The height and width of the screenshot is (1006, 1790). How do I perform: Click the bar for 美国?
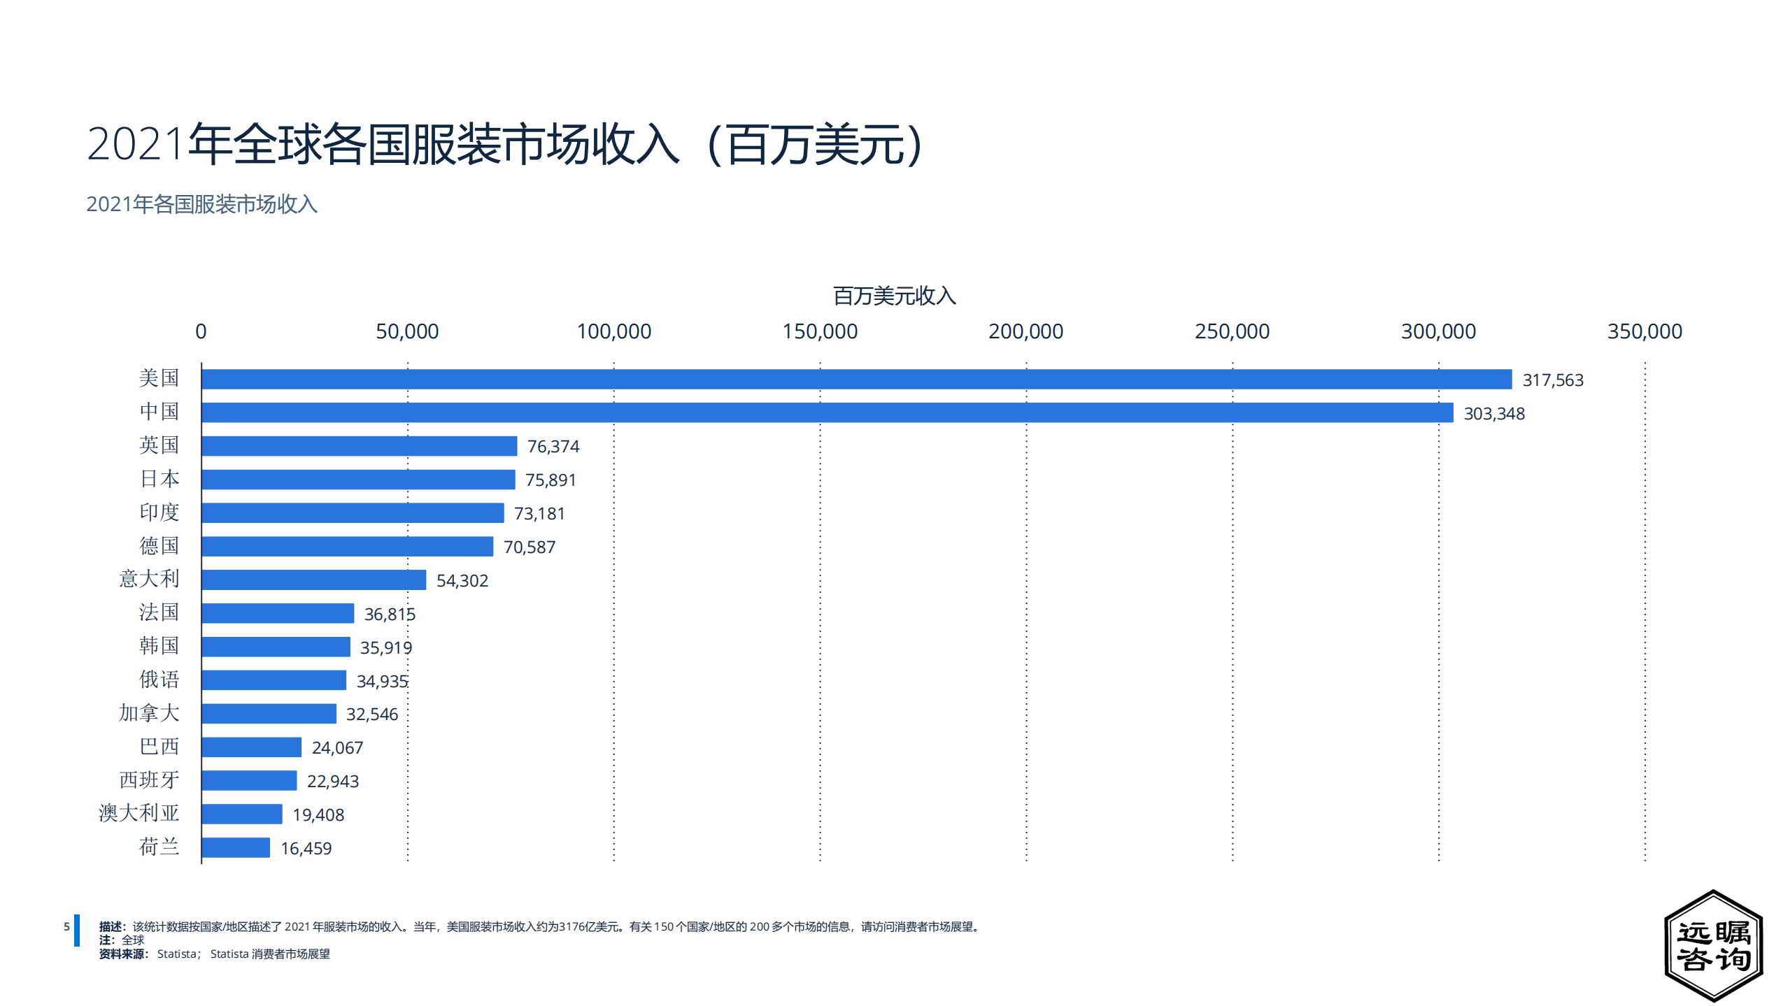click(856, 379)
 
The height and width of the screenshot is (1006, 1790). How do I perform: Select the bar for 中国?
click(827, 412)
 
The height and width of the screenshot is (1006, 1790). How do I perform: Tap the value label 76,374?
click(553, 446)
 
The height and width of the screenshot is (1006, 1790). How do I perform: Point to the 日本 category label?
click(159, 479)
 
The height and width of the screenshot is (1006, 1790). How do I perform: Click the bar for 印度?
click(353, 512)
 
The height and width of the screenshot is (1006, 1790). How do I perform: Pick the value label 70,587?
click(529, 547)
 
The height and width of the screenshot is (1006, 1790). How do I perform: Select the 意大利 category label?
click(149, 579)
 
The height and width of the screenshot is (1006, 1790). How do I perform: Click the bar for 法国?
click(278, 613)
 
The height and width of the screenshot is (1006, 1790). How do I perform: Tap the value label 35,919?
click(385, 647)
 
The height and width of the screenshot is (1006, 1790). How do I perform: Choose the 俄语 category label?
click(159, 680)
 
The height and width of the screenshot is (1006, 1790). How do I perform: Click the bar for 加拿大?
click(269, 713)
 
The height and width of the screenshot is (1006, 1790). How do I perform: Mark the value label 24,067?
click(337, 747)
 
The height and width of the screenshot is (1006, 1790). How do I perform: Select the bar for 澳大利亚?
click(242, 814)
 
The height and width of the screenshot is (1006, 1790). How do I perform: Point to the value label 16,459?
click(306, 848)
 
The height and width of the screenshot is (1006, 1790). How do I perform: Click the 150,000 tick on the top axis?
click(819, 331)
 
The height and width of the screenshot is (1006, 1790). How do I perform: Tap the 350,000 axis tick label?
click(1644, 331)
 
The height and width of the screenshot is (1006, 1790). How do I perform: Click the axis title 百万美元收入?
click(893, 296)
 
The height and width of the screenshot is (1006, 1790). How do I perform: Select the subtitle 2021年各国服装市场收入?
click(201, 204)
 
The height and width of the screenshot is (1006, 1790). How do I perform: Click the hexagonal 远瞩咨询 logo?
click(1712, 946)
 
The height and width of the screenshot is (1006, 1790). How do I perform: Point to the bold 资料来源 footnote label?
click(122, 954)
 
